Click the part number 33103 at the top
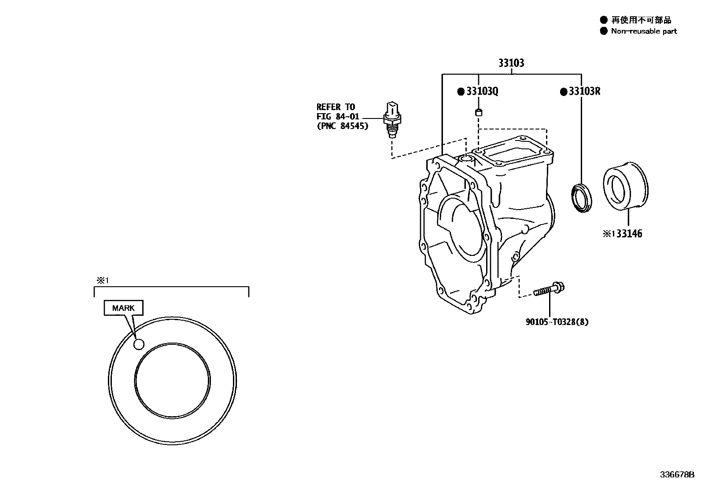tap(511, 63)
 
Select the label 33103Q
tap(482, 92)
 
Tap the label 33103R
tap(584, 92)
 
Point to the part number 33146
tap(629, 234)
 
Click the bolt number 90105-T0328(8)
tap(557, 322)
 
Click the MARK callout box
tap(123, 308)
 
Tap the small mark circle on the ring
tap(139, 344)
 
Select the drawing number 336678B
tap(676, 475)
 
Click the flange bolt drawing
tap(549, 290)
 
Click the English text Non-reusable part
tap(643, 31)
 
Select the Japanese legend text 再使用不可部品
tap(641, 20)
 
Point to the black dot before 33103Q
tap(461, 92)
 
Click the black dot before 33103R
tap(563, 92)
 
